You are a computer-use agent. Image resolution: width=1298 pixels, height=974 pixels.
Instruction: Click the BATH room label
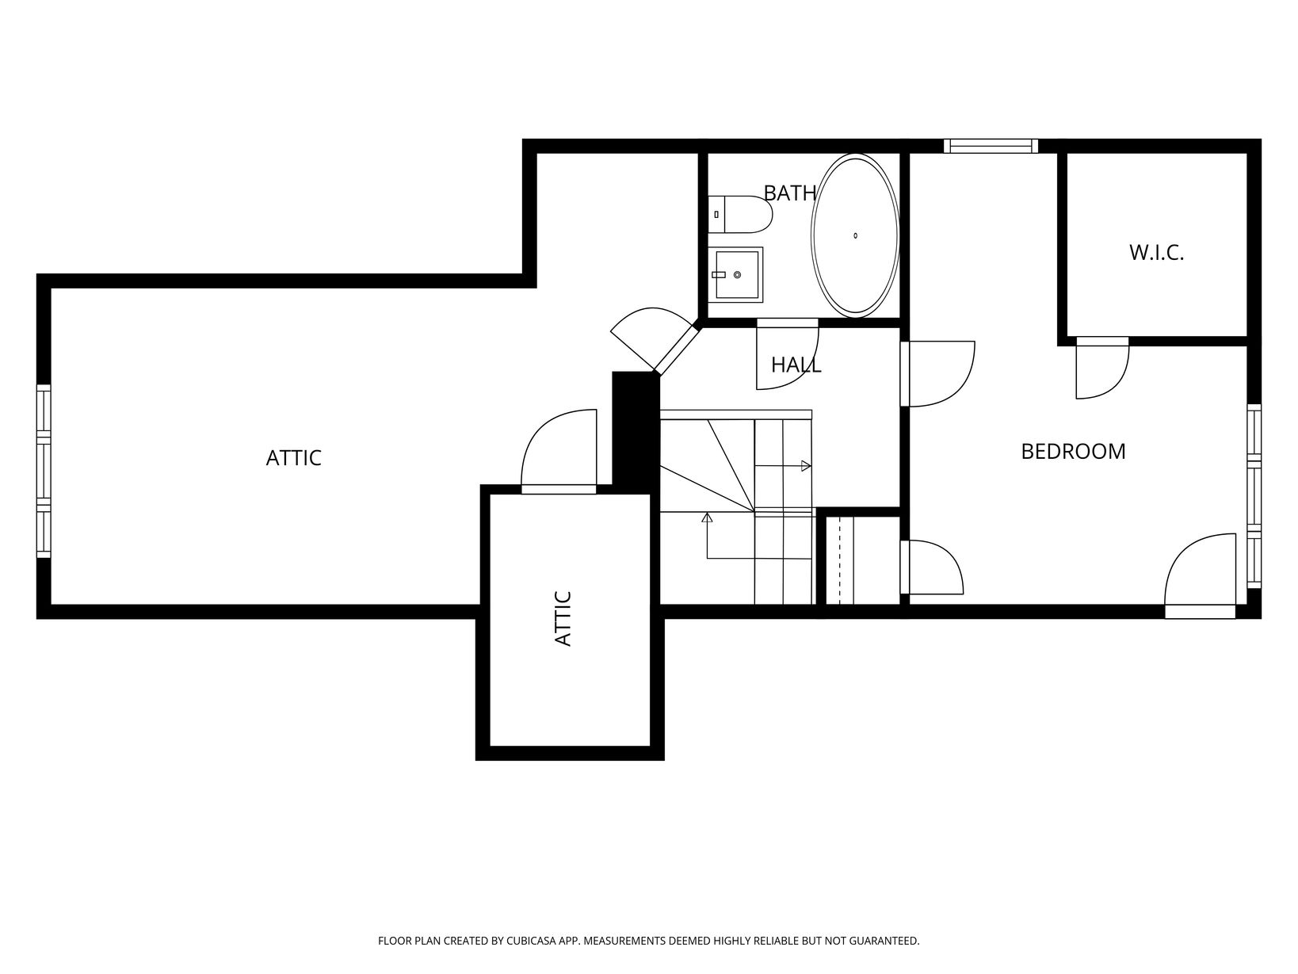tap(789, 193)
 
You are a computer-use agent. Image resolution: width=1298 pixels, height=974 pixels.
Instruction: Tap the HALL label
tap(796, 365)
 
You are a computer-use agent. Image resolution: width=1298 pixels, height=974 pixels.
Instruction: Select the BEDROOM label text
tap(1073, 452)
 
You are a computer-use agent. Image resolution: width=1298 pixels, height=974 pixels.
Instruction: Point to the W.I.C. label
tap(1156, 253)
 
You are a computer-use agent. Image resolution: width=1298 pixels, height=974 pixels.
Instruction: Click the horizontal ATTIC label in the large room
tap(293, 458)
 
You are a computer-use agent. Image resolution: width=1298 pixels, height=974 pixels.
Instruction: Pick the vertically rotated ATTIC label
tap(563, 619)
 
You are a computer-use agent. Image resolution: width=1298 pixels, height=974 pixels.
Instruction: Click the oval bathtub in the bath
tap(855, 235)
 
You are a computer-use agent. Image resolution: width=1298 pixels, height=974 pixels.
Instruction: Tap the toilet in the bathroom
tap(740, 215)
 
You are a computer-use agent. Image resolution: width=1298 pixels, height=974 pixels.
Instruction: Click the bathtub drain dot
tap(855, 235)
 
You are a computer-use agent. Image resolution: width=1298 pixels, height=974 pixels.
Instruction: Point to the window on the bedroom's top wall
tap(991, 146)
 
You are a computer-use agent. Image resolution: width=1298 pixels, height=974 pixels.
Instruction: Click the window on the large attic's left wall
tap(44, 471)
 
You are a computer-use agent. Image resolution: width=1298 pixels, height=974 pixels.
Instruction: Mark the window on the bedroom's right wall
tap(1254, 496)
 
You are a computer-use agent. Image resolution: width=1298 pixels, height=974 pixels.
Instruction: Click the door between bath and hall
tap(787, 354)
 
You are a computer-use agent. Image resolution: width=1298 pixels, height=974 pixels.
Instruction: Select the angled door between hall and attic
tap(654, 339)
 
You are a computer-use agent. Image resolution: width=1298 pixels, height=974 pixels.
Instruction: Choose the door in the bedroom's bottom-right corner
tap(1200, 575)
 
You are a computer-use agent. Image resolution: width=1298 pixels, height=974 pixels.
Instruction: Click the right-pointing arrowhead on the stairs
tap(805, 466)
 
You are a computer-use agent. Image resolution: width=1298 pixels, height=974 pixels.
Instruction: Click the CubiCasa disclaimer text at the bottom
tap(649, 941)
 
